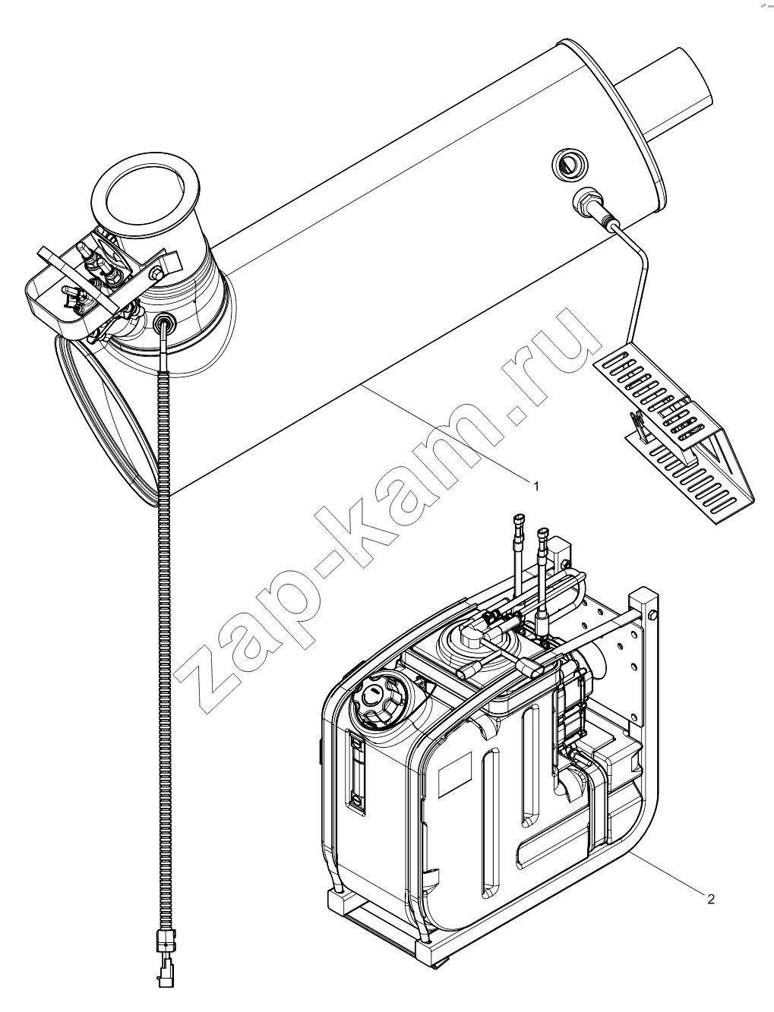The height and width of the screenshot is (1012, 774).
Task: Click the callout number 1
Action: point(535,487)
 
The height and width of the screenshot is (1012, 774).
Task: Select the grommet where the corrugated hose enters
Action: point(164,322)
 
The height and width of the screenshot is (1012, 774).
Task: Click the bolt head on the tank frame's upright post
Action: point(651,614)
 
